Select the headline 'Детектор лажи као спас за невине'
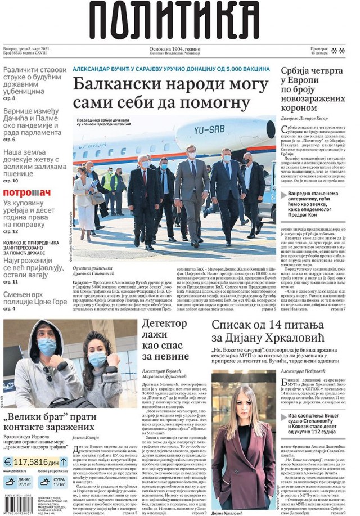[165, 340]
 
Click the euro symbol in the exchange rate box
[8, 462]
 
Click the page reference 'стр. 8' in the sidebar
[10, 98]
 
